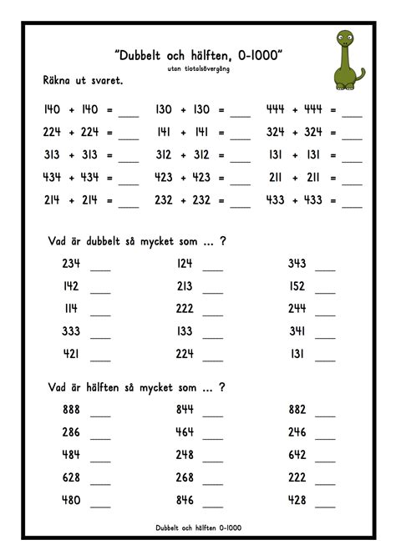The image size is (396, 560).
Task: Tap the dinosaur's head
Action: [343, 38]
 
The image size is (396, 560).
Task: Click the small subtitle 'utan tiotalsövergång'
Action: [198, 69]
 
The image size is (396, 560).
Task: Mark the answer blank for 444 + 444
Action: [352, 113]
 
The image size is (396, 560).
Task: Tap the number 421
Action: [70, 353]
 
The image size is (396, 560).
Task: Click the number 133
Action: [185, 330]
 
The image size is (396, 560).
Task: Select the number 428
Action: [296, 500]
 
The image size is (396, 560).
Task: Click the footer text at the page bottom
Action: [198, 528]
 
